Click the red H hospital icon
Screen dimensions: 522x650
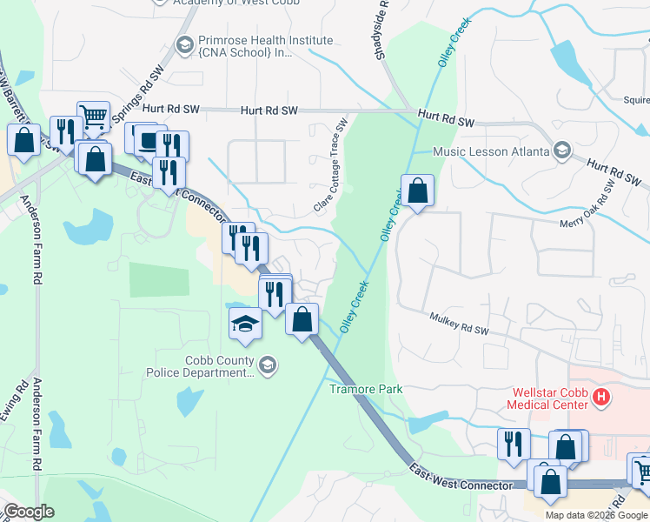coord(600,398)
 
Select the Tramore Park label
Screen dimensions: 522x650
coord(366,389)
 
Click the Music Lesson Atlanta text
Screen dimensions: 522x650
coord(492,151)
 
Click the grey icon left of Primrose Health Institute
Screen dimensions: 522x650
coord(184,44)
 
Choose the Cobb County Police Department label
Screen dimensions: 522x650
coord(217,366)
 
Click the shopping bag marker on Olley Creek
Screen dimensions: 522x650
coord(417,189)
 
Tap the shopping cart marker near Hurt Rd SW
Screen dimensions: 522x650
coord(93,116)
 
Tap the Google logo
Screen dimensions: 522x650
coord(29,512)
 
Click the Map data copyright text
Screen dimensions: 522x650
coord(596,515)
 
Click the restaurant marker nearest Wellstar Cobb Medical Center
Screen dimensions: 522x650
coord(514,443)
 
